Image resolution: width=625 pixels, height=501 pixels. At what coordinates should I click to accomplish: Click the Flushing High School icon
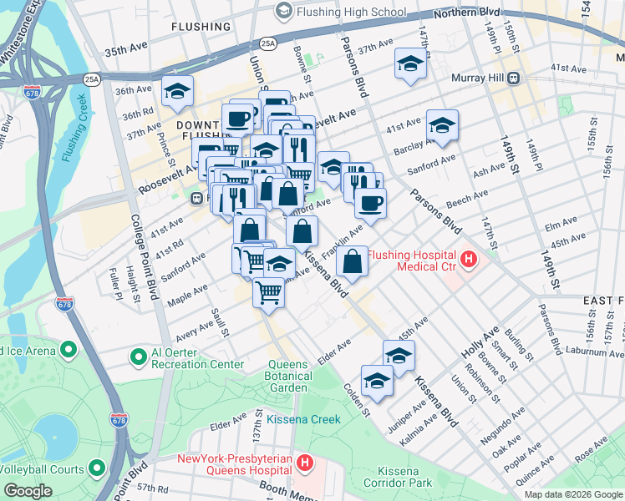(283, 11)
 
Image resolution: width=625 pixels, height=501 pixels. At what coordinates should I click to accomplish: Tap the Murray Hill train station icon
(514, 78)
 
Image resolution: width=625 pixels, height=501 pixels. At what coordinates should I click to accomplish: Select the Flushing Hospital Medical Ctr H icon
(469, 260)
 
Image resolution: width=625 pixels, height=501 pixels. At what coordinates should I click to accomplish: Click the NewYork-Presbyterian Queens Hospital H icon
(306, 462)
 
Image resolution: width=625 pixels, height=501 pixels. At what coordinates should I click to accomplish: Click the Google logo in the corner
(28, 491)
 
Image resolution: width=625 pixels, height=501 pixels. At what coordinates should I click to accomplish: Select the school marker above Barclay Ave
(442, 126)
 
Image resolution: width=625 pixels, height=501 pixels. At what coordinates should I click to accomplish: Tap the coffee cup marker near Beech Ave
(370, 201)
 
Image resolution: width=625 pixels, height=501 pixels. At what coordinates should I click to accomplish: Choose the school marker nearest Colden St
(378, 381)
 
